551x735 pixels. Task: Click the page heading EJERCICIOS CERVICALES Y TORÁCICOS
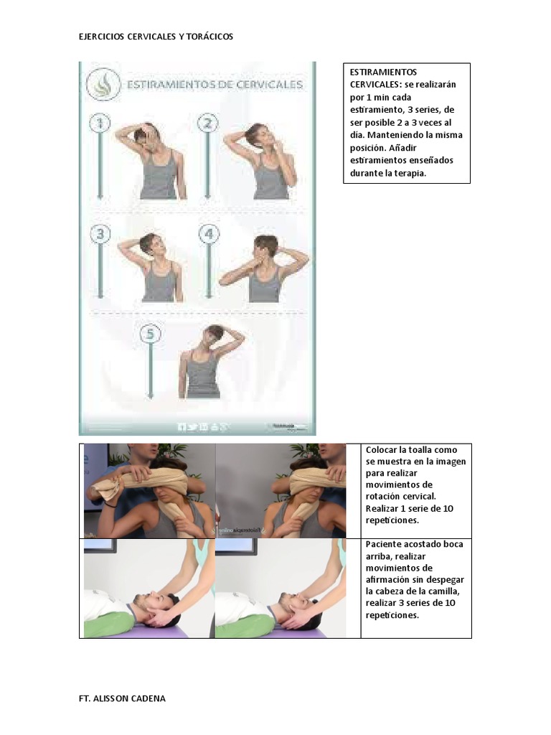[156, 37]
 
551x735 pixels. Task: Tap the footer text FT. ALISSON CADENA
[122, 698]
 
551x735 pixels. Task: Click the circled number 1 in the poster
[100, 124]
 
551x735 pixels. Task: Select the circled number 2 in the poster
[207, 124]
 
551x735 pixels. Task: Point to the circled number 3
[100, 234]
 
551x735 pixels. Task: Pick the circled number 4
[208, 234]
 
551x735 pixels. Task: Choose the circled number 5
[149, 334]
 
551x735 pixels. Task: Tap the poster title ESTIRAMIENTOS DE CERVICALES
[214, 85]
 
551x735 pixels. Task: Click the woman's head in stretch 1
[149, 136]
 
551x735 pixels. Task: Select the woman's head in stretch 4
[265, 248]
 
